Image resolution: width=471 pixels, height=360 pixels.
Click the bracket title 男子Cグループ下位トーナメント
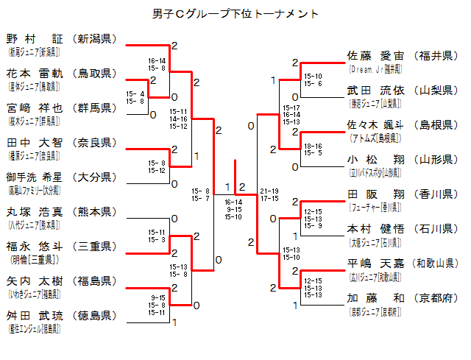pyautogui.click(x=235, y=14)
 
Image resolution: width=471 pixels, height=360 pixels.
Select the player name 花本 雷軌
pyautogui.click(x=35, y=73)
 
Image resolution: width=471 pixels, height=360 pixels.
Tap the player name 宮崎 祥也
pyautogui.click(x=35, y=107)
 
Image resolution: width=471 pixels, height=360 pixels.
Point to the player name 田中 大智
pyautogui.click(x=35, y=142)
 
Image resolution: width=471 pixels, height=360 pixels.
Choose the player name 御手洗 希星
pyautogui.click(x=35, y=177)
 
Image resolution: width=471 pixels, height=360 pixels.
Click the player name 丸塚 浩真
pyautogui.click(x=35, y=211)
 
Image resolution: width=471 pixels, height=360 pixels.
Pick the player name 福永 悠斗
pyautogui.click(x=35, y=246)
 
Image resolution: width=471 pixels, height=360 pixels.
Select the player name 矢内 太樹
pyautogui.click(x=35, y=280)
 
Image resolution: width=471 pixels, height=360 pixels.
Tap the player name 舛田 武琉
pyautogui.click(x=35, y=315)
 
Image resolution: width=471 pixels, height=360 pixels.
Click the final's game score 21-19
pyautogui.click(x=269, y=190)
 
